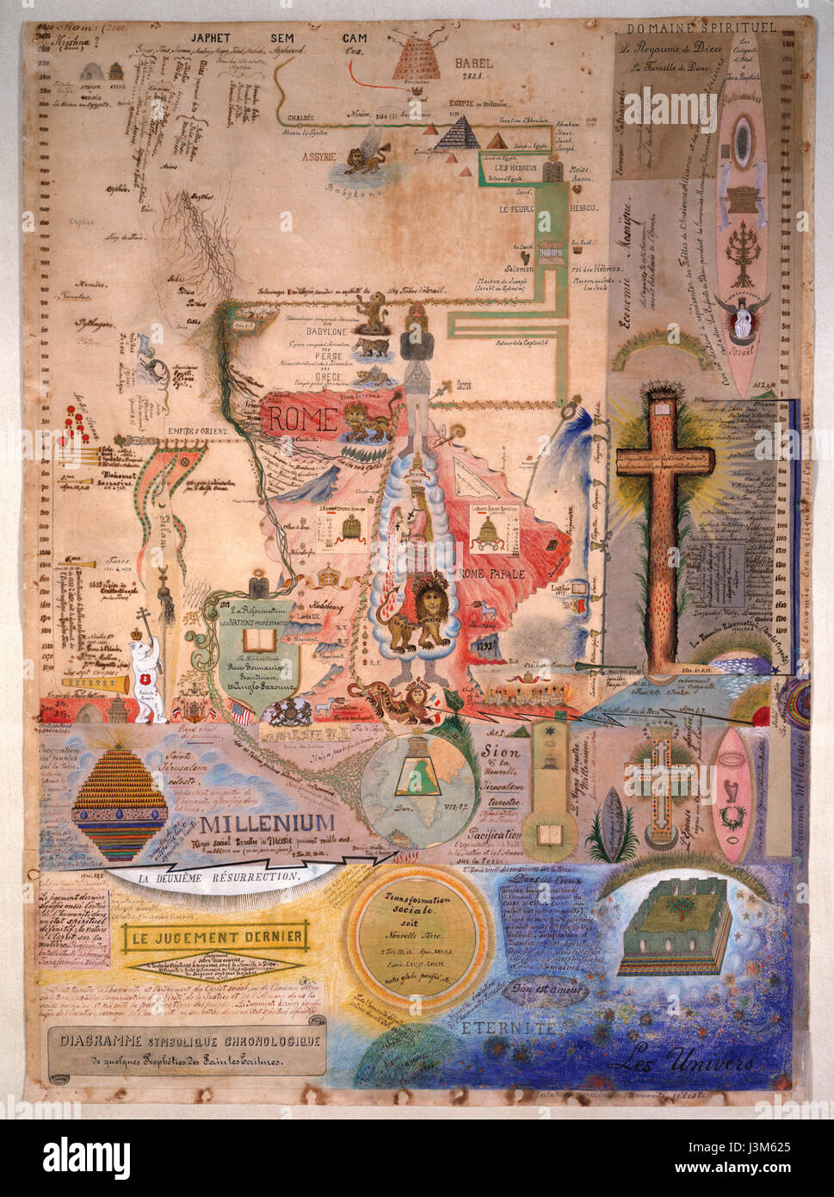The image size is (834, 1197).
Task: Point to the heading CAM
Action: [x=354, y=38]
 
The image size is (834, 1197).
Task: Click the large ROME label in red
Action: [x=301, y=419]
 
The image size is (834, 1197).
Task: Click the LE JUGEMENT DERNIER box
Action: [x=215, y=936]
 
